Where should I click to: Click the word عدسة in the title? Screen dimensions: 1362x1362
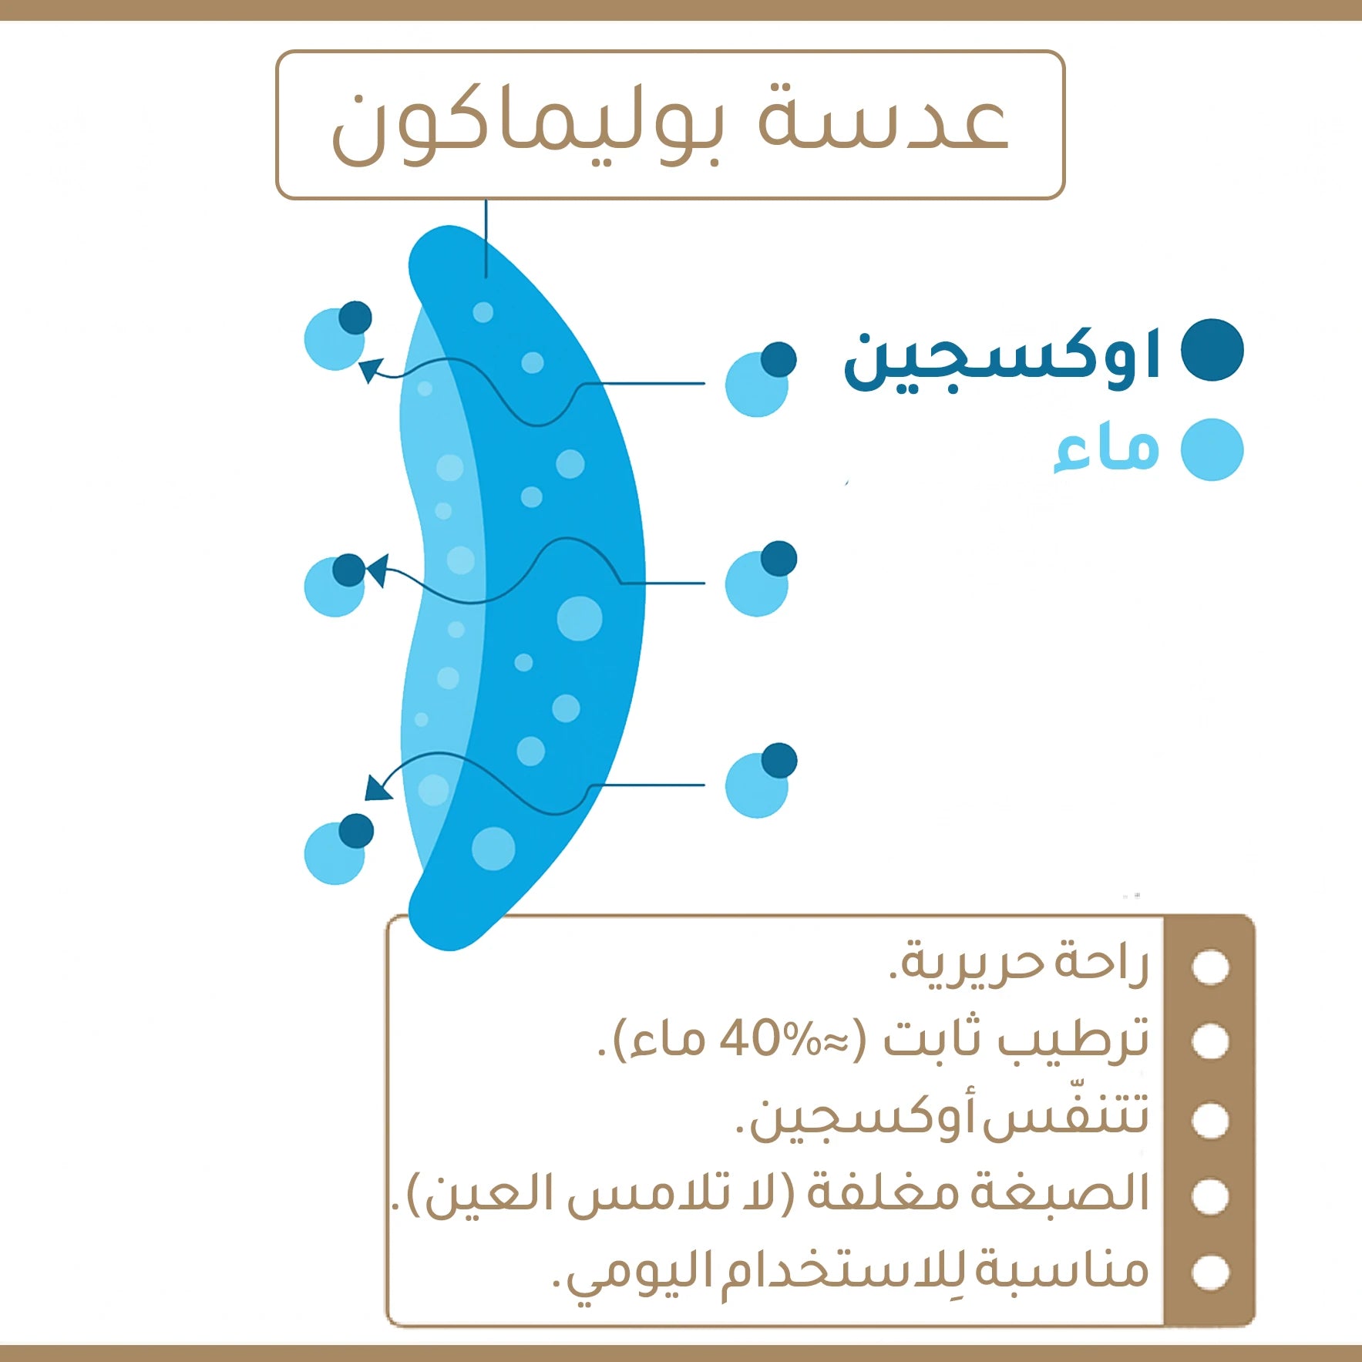coord(883,123)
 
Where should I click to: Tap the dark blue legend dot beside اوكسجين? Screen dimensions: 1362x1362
coord(1212,350)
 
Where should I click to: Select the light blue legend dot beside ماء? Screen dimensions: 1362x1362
coord(1212,450)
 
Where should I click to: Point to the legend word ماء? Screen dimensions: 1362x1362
coord(1107,450)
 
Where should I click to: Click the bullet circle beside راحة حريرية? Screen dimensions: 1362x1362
coord(1209,967)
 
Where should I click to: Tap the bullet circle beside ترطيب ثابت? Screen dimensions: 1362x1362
coord(1209,1042)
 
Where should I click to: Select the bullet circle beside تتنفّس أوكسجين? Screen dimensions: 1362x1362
coord(1209,1120)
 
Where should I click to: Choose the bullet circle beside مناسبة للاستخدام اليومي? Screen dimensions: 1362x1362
coord(1209,1273)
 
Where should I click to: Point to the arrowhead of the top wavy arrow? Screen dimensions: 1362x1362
coord(371,369)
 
